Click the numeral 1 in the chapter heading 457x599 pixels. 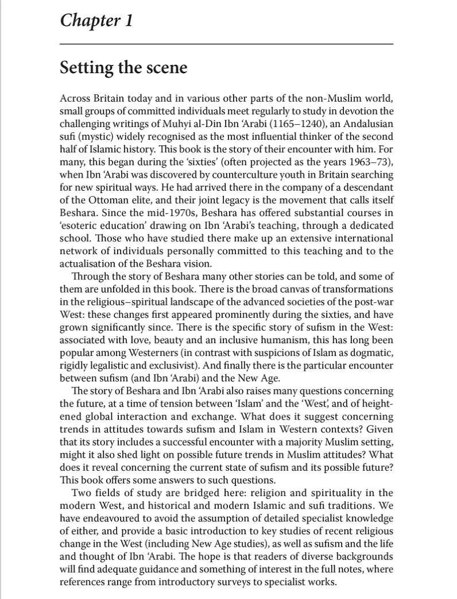point(128,21)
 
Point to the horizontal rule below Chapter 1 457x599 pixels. point(226,44)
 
